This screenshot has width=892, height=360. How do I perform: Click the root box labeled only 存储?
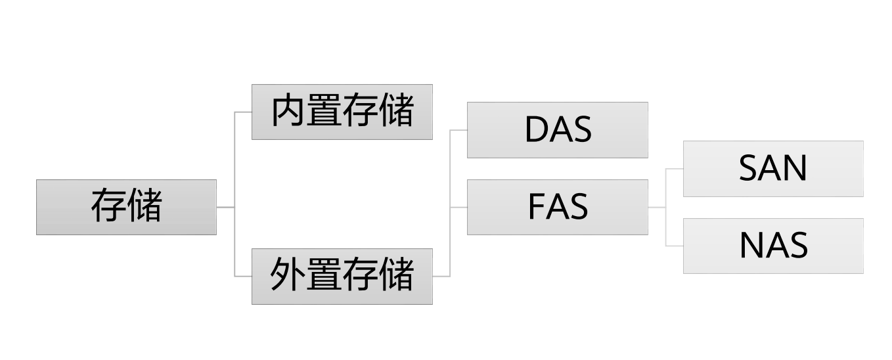point(126,207)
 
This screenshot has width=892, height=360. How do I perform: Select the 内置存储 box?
point(342,112)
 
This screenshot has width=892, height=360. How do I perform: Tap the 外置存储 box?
point(342,276)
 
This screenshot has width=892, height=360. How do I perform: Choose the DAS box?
point(557,130)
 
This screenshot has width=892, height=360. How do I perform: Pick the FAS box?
point(557,207)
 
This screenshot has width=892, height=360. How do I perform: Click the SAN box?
point(773,169)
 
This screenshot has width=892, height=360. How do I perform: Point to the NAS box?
point(773,246)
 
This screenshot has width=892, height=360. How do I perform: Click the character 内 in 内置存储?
point(289,111)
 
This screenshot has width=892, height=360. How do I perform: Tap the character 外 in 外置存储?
point(288,275)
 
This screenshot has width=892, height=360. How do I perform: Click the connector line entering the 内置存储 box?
point(243,112)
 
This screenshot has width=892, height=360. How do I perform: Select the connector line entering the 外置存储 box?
point(243,276)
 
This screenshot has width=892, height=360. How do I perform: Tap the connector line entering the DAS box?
point(458,130)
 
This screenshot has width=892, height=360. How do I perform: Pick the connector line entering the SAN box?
point(675,169)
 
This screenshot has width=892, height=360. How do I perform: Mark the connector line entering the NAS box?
point(675,246)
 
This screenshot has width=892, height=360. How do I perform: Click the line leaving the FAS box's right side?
point(656,207)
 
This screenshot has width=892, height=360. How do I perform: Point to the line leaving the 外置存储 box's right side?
point(441,276)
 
